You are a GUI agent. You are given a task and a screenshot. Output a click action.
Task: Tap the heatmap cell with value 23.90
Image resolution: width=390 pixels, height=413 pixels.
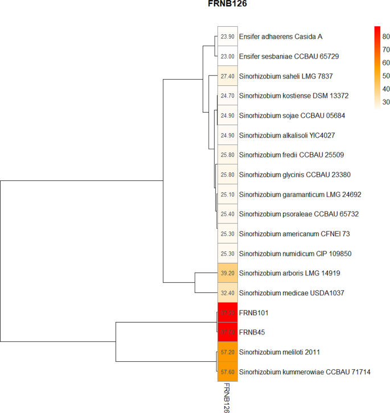click(x=227, y=36)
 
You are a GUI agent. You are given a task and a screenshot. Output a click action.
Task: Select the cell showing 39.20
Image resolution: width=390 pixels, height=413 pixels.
click(x=227, y=273)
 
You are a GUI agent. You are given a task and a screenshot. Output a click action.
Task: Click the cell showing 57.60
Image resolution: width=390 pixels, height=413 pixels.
click(x=227, y=372)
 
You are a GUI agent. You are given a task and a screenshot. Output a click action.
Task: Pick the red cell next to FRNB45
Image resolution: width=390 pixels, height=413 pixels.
click(x=227, y=332)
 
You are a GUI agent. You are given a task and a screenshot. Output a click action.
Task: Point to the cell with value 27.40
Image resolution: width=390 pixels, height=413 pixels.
click(x=227, y=76)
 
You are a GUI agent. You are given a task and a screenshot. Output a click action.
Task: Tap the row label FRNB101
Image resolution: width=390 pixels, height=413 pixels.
click(x=253, y=313)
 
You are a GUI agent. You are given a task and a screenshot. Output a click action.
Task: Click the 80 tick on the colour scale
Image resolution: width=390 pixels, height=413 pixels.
click(x=385, y=36)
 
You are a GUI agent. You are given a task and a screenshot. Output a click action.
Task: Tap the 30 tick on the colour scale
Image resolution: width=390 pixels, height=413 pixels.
click(x=385, y=102)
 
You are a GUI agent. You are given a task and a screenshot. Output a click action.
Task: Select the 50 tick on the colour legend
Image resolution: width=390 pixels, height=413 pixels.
click(x=385, y=76)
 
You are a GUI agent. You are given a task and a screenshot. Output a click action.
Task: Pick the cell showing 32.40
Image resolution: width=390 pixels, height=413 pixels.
click(x=227, y=293)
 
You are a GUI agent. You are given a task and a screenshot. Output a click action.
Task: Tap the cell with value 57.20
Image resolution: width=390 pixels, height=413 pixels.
click(x=227, y=352)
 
